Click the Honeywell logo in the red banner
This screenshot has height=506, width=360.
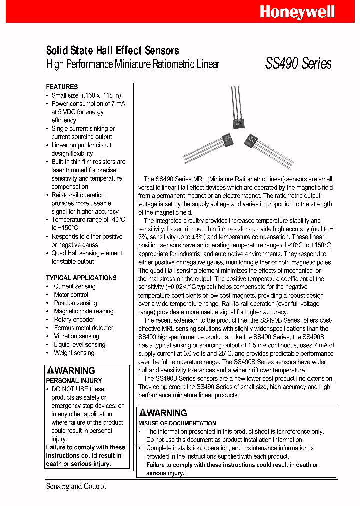297,12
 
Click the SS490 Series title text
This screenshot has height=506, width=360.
298,64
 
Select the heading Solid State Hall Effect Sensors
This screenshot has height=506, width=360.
112,50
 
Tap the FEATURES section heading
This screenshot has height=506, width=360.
62,87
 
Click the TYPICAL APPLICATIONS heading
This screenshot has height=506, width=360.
81,278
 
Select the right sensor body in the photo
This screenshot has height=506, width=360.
253,141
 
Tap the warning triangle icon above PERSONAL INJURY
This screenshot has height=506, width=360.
50,371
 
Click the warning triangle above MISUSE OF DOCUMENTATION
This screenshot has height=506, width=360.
142,413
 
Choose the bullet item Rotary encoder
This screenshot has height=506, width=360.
74,319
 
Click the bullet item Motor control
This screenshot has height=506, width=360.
71,294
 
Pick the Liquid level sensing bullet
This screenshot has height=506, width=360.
79,344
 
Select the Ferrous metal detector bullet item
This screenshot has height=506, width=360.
83,328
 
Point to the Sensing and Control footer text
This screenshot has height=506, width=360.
76,486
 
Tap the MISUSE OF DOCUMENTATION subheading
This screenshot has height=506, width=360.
177,423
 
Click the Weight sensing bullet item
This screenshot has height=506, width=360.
74,353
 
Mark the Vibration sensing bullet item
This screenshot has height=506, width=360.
76,336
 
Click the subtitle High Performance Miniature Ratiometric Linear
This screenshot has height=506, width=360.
132,64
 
